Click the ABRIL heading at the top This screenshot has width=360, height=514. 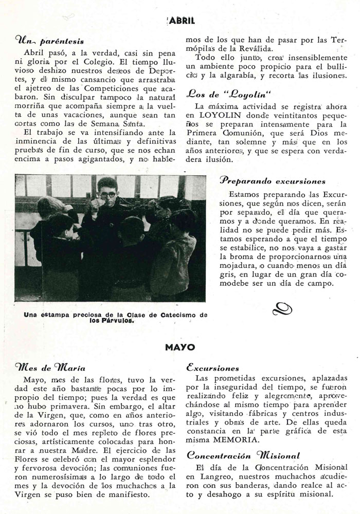179,21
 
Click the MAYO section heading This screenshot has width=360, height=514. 180,347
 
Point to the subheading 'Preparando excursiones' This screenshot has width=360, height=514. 273,181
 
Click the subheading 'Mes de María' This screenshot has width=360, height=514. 50,368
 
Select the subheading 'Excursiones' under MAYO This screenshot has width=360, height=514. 213,368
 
